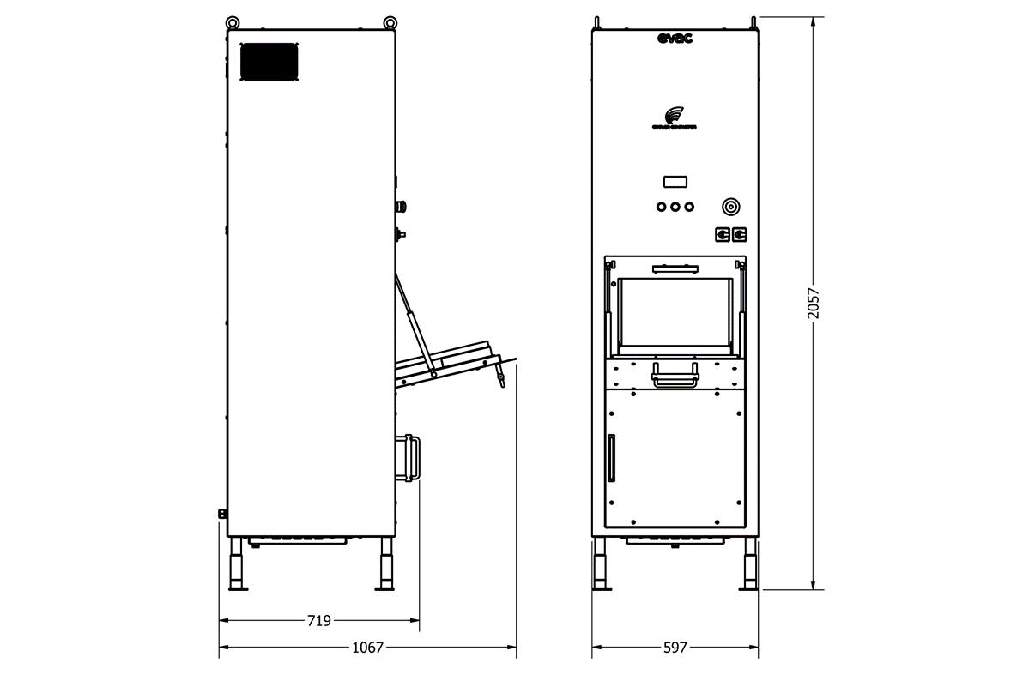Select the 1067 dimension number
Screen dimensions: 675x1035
[x=368, y=648]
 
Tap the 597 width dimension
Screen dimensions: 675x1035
[x=675, y=648]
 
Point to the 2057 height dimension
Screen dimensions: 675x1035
[x=814, y=304]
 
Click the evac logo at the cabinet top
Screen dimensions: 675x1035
[x=675, y=38]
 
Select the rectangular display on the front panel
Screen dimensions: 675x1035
[x=675, y=182]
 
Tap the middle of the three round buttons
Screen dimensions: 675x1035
[x=675, y=207]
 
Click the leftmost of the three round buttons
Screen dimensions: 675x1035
[x=661, y=207]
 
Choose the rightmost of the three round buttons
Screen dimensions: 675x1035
[x=689, y=207]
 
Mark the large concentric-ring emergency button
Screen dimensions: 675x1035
[x=730, y=207]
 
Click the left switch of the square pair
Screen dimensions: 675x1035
[x=723, y=233]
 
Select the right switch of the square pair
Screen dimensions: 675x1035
[x=739, y=233]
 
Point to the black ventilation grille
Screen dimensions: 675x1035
[x=269, y=62]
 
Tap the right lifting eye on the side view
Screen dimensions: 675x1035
[x=390, y=21]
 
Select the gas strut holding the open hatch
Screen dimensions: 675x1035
[x=415, y=323]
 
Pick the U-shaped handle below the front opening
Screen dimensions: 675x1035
[x=675, y=376]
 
